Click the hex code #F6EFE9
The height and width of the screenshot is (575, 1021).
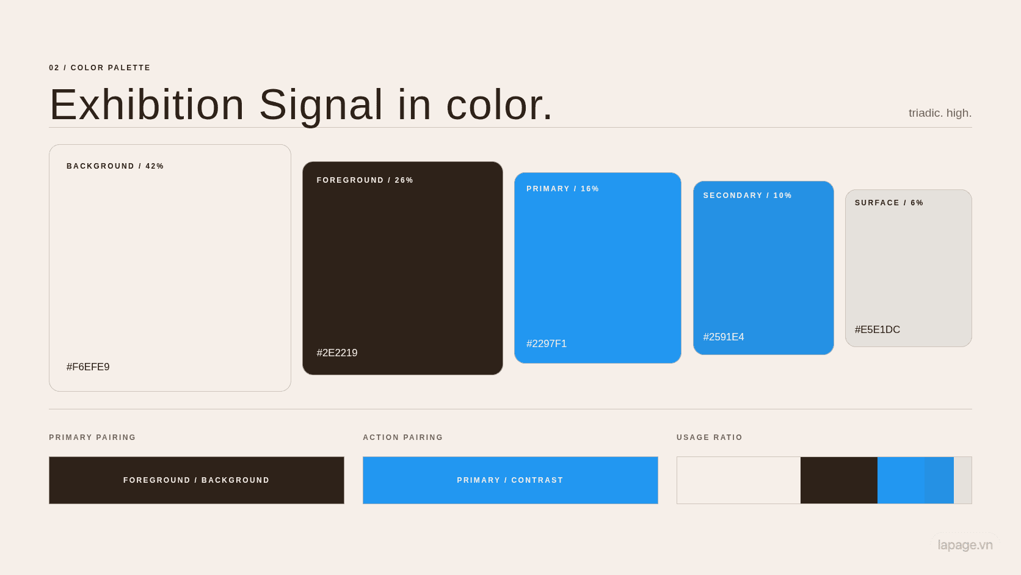pos(88,367)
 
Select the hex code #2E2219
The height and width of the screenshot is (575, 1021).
pos(337,353)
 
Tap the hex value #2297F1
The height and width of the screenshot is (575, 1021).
pos(547,344)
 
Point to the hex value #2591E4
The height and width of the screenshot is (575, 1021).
pos(724,337)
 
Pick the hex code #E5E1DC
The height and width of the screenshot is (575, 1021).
pos(877,330)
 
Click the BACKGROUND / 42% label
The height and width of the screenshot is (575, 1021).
pos(115,166)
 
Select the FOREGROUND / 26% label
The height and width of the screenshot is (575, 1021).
pos(365,180)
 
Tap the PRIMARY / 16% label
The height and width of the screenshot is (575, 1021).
pos(562,189)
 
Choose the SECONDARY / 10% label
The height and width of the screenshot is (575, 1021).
pos(747,196)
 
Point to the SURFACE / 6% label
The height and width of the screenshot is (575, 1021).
pos(889,203)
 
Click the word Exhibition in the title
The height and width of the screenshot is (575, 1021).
pos(147,105)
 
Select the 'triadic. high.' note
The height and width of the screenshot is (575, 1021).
pos(940,112)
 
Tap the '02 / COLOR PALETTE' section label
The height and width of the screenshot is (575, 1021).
pos(100,68)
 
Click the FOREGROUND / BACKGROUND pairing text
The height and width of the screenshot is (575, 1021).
pos(197,480)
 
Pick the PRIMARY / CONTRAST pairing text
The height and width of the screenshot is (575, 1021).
pos(510,480)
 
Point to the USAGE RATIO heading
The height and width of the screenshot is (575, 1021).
pos(709,438)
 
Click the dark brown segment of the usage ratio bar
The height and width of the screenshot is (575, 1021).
pos(838,480)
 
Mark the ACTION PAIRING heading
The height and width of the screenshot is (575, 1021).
pos(402,438)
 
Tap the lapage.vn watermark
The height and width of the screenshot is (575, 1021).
pos(965,545)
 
